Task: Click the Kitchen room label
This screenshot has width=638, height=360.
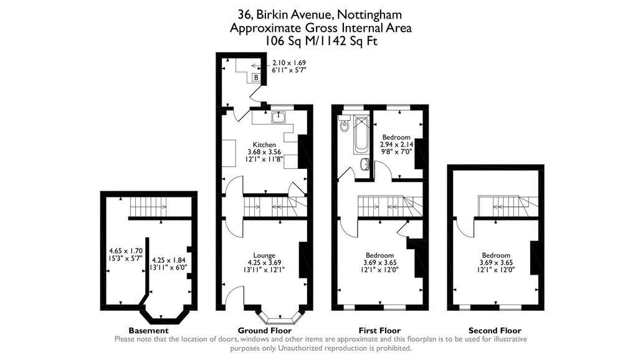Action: (264, 144)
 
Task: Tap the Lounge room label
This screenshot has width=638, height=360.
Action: (264, 255)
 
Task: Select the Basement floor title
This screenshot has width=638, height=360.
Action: (148, 331)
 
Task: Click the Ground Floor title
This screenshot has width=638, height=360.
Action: (264, 331)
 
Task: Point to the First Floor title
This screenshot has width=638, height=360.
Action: (380, 331)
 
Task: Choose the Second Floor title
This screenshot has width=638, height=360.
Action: (495, 331)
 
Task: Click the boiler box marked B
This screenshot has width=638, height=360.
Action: (256, 78)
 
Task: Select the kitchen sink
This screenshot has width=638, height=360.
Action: (279, 117)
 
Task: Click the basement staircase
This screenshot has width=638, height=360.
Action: (146, 206)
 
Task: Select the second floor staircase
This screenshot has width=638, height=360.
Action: (507, 205)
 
